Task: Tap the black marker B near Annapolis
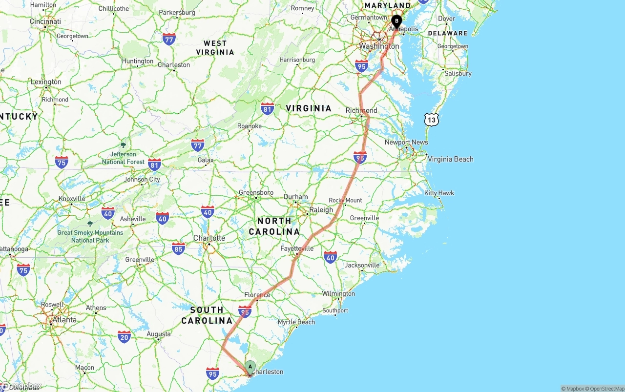tap(396, 21)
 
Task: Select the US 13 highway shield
tap(431, 119)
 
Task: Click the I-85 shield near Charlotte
tap(178, 249)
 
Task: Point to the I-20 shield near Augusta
tap(124, 336)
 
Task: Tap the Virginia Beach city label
tap(450, 159)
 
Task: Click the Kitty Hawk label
tap(439, 193)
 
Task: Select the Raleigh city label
tap(321, 210)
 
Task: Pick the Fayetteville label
tap(297, 248)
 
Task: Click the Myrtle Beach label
tap(296, 322)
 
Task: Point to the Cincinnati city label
tap(45, 21)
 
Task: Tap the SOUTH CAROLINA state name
tap(207, 315)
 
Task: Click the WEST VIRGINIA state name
tap(215, 47)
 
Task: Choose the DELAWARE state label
tap(447, 33)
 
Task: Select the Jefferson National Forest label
tap(123, 158)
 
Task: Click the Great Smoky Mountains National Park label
tap(90, 236)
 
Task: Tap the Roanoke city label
tap(250, 126)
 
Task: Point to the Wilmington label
tap(338, 294)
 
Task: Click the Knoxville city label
tap(72, 199)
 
